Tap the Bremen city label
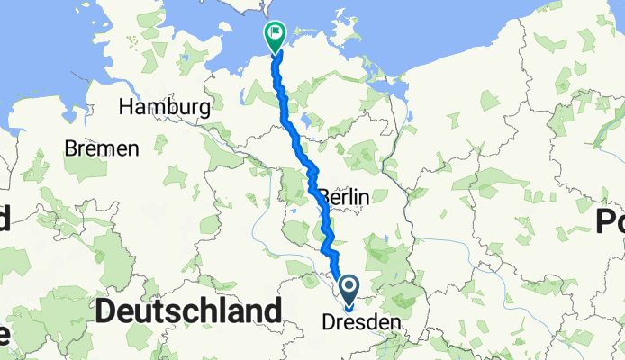tap(102, 148)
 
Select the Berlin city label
tap(343, 196)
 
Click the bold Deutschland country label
tap(188, 311)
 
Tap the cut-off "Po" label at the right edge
tap(610, 220)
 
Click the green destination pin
tap(274, 37)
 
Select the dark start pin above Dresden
tap(348, 288)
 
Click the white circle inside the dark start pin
tap(348, 285)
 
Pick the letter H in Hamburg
tap(127, 107)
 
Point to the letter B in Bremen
tap(70, 148)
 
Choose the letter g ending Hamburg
tap(205, 109)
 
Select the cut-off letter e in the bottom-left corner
tap(4, 337)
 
